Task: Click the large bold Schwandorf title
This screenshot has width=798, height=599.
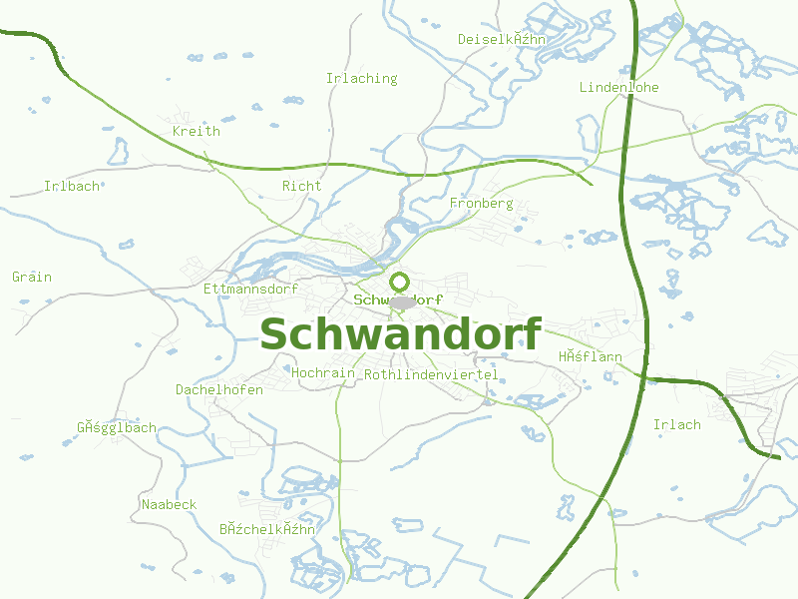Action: pyautogui.click(x=401, y=334)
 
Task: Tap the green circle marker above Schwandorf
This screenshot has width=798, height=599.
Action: pyautogui.click(x=399, y=282)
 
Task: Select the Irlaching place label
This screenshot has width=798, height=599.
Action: pyautogui.click(x=361, y=78)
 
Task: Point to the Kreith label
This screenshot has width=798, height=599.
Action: pyautogui.click(x=196, y=131)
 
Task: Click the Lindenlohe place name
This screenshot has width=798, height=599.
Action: pyautogui.click(x=618, y=87)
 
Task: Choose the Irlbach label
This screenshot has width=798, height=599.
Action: pyautogui.click(x=72, y=186)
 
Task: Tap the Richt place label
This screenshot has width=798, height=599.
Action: pyautogui.click(x=301, y=186)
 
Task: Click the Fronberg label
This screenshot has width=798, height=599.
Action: pyautogui.click(x=481, y=203)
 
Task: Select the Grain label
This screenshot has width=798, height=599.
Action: pyautogui.click(x=32, y=277)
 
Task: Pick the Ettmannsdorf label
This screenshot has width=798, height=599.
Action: pyautogui.click(x=249, y=289)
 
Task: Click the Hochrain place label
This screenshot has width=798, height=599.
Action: pyautogui.click(x=324, y=372)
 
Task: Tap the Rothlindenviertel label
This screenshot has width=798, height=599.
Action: pyautogui.click(x=431, y=374)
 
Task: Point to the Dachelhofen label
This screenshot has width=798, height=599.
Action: pyautogui.click(x=219, y=389)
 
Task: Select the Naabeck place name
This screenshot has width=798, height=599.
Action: pyautogui.click(x=169, y=504)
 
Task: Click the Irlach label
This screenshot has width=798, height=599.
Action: pyautogui.click(x=676, y=424)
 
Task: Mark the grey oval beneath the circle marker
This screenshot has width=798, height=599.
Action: pyautogui.click(x=402, y=302)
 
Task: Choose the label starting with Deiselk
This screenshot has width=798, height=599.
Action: pyautogui.click(x=502, y=39)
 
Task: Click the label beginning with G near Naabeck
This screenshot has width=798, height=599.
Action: pyautogui.click(x=117, y=427)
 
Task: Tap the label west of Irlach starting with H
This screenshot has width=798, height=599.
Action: pyautogui.click(x=590, y=356)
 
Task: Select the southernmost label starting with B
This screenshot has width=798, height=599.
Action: pyautogui.click(x=267, y=529)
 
